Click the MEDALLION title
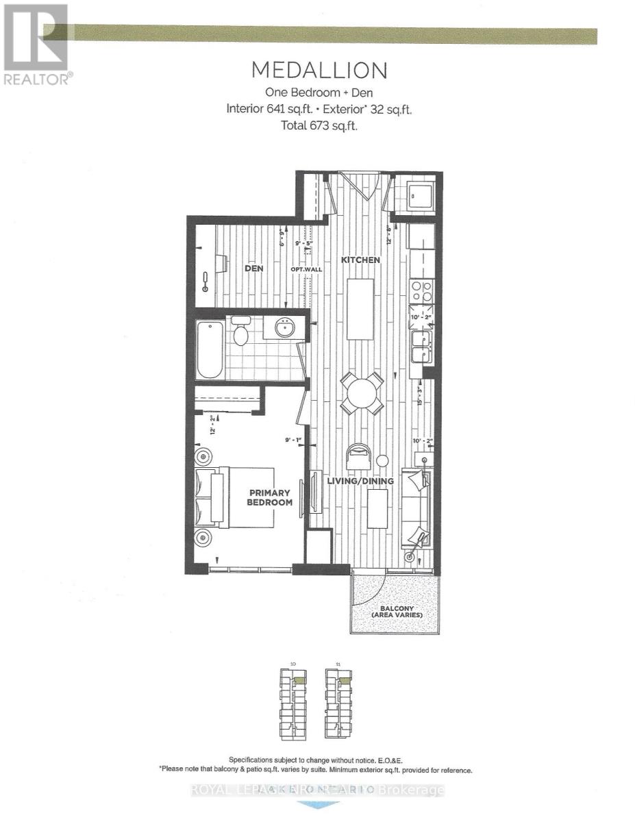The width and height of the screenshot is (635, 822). [319, 71]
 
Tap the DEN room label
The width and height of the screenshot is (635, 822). [254, 269]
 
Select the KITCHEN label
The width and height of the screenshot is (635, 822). [362, 260]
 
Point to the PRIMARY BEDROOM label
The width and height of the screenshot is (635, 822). [270, 497]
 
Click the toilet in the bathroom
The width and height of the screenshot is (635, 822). [240, 332]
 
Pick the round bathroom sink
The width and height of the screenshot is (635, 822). [286, 328]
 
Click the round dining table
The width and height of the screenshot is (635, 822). [361, 393]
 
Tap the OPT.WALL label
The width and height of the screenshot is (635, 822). [302, 269]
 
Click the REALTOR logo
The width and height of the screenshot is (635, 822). [36, 45]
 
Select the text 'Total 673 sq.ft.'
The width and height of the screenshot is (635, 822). [319, 125]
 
